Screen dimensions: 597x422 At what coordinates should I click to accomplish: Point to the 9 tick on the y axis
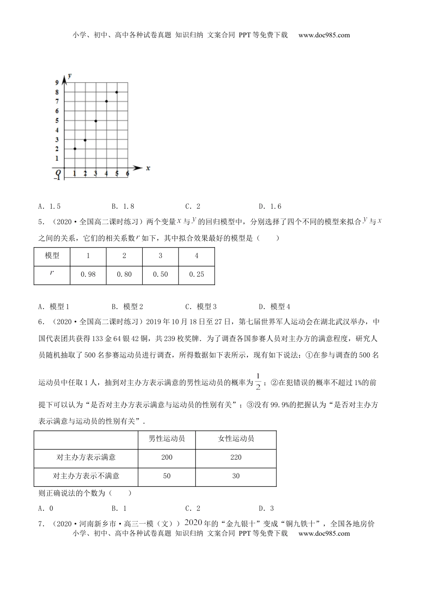[57, 83]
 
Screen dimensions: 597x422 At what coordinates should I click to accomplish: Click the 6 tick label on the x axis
[127, 174]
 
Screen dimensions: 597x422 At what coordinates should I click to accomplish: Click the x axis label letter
[148, 168]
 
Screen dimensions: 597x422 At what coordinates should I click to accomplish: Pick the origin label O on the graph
[58, 172]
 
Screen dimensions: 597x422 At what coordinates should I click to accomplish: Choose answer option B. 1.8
[123, 206]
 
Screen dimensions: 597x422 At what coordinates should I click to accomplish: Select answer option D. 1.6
[270, 206]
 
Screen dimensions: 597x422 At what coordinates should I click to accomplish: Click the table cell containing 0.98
[88, 275]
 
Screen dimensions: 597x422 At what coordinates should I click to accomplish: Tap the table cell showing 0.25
[196, 275]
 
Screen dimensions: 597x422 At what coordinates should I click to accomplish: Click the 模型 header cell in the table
[52, 256]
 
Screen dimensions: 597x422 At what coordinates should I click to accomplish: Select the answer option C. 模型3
[201, 306]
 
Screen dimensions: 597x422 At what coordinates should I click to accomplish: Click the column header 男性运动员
[167, 439]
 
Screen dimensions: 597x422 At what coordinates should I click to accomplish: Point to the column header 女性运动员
[236, 439]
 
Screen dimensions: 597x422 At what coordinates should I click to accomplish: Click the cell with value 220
[236, 458]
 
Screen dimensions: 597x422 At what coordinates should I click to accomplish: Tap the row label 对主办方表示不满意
[86, 476]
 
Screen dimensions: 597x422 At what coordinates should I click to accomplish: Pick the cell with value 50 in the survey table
[167, 476]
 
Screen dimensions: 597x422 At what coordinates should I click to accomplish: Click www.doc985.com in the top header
[324, 35]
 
